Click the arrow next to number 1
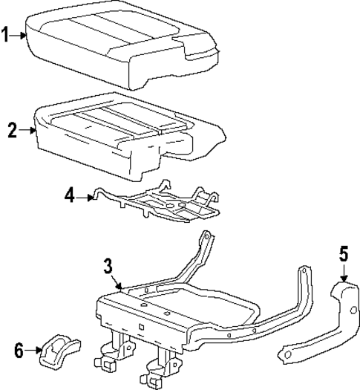(x=21, y=33)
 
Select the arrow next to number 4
(x=85, y=197)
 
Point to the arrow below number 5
(x=343, y=273)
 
